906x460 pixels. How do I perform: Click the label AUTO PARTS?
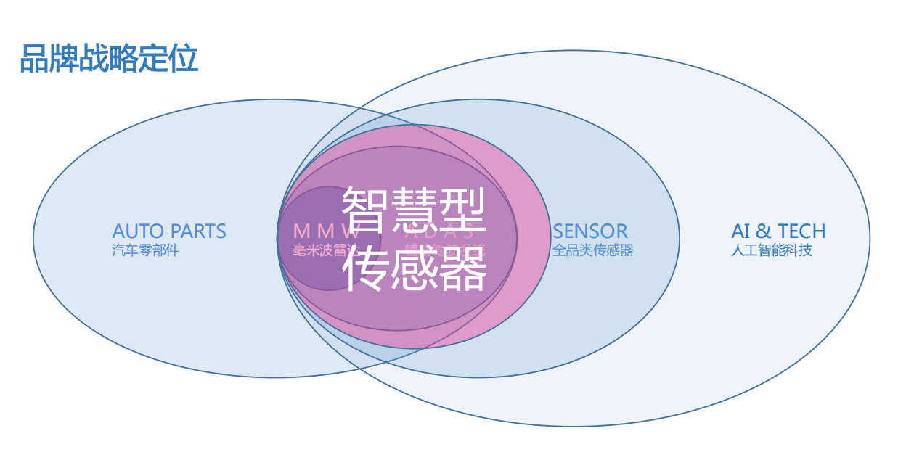(169, 231)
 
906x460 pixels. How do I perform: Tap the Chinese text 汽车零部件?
(145, 250)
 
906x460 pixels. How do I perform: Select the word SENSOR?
(590, 231)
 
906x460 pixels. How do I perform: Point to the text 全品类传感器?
(593, 250)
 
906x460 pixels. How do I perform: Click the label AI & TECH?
(778, 231)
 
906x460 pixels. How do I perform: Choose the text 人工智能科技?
(771, 250)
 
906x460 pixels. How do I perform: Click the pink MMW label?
(326, 231)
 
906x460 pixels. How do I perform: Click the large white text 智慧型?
(414, 208)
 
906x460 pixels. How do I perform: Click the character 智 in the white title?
(365, 208)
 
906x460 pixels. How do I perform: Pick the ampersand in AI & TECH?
(763, 231)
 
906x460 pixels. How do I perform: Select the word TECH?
(801, 231)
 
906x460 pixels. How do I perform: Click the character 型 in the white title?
(462, 208)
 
